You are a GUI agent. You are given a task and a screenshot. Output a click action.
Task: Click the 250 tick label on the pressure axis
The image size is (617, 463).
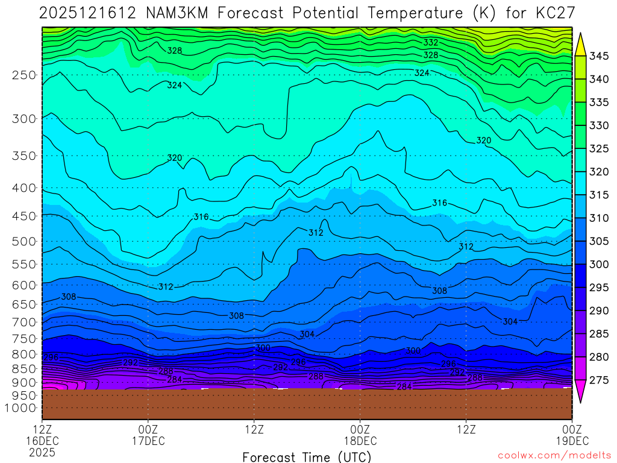(x=24, y=75)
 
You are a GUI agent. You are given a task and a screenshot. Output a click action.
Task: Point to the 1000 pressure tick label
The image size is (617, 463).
(x=22, y=408)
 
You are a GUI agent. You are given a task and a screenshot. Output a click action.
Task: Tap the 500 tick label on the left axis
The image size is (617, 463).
(x=24, y=242)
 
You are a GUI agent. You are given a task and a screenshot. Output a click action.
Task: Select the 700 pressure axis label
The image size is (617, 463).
(x=24, y=322)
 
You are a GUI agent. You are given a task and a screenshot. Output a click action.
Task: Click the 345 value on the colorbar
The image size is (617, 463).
(x=599, y=57)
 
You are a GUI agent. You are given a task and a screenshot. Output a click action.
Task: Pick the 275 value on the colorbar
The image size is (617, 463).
(x=599, y=380)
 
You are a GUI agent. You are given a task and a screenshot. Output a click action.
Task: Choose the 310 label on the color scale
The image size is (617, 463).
(x=599, y=218)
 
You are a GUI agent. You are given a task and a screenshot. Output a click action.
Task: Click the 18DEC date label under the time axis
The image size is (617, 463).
(x=360, y=441)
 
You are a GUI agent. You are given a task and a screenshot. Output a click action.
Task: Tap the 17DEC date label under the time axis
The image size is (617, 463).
(x=148, y=441)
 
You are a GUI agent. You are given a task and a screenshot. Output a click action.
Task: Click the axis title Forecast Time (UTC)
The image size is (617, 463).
(x=307, y=456)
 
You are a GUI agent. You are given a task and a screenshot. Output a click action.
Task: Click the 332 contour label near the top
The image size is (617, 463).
(x=431, y=43)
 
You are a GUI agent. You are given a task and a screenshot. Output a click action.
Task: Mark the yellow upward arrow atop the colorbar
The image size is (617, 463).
(x=580, y=43)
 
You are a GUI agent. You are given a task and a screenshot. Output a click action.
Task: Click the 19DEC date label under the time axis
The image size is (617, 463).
(x=572, y=441)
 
